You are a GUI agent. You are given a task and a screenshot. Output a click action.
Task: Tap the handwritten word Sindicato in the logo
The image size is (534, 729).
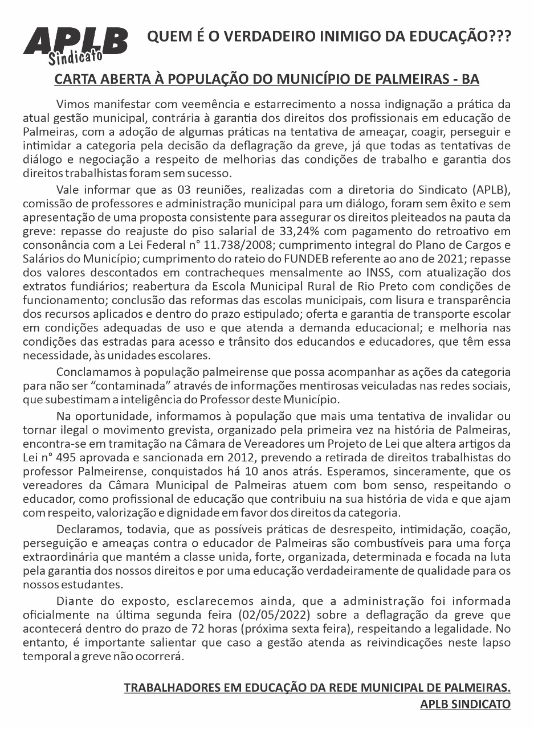coord(75,56)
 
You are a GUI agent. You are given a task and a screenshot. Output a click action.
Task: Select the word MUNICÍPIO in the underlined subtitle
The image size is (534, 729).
coord(332,79)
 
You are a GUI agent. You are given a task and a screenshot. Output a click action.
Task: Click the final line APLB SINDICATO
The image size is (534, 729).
coord(465,704)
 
